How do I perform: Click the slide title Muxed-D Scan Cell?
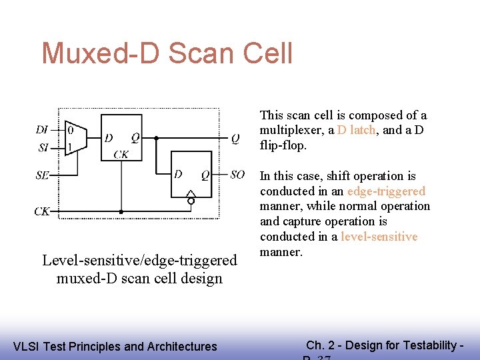click(167, 53)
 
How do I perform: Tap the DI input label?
click(42, 130)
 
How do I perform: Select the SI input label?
click(43, 147)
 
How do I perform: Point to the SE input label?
click(43, 175)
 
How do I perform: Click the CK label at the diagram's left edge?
click(42, 212)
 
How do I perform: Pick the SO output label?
click(237, 175)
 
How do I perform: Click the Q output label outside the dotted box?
click(235, 139)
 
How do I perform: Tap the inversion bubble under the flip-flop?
click(191, 201)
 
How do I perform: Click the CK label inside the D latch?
click(121, 155)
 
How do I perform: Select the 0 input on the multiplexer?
click(71, 131)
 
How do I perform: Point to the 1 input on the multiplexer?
click(71, 146)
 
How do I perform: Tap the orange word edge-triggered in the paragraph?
click(387, 191)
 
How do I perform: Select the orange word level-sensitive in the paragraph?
click(379, 237)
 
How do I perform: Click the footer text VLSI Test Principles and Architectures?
click(115, 346)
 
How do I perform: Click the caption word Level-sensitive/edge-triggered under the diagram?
click(139, 260)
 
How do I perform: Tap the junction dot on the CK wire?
click(121, 212)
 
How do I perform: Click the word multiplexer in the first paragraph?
click(293, 131)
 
